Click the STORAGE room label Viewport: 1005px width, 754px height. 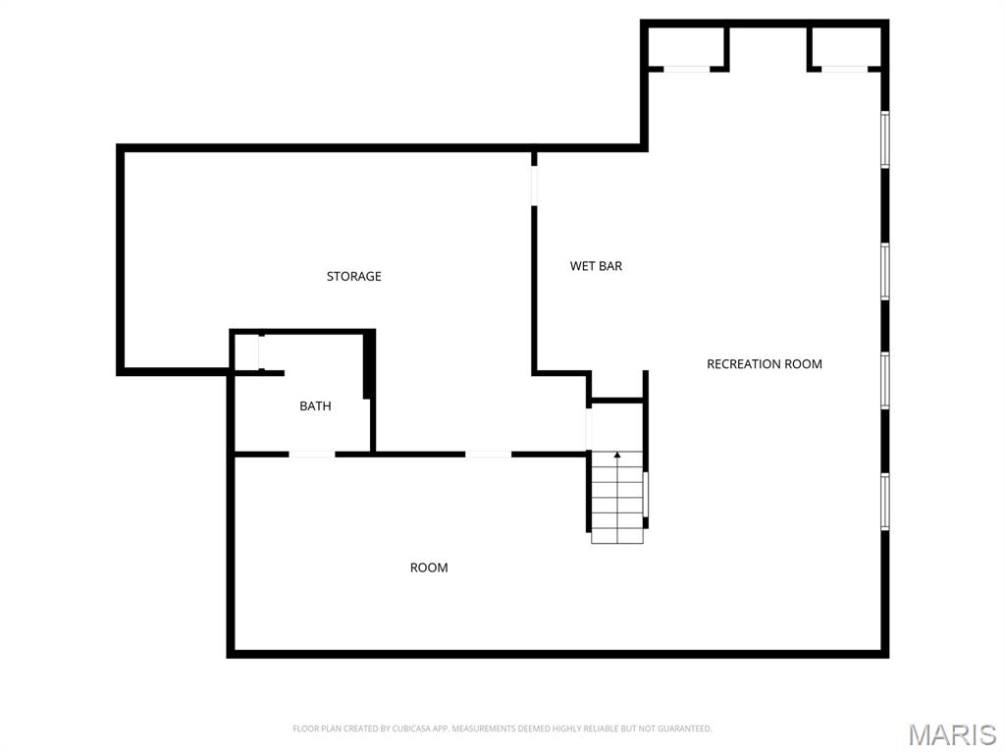click(353, 277)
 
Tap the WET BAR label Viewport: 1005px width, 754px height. click(596, 266)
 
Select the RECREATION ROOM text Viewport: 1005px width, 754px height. click(765, 364)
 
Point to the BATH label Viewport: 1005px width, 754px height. click(315, 406)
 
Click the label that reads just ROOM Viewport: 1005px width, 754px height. click(429, 567)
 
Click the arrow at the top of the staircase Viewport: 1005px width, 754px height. click(617, 456)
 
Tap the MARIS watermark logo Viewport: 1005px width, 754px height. click(952, 733)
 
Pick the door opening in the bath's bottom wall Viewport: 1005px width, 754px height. click(312, 454)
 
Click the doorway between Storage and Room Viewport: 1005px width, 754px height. click(488, 454)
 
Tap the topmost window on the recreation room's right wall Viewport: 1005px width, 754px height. click(884, 139)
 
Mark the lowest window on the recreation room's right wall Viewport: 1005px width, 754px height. click(884, 502)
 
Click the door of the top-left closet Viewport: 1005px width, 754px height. click(687, 69)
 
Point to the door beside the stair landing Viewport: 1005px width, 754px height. click(589, 428)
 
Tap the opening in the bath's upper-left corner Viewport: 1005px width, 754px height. click(260, 351)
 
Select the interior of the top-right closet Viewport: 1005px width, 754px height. click(845, 45)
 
